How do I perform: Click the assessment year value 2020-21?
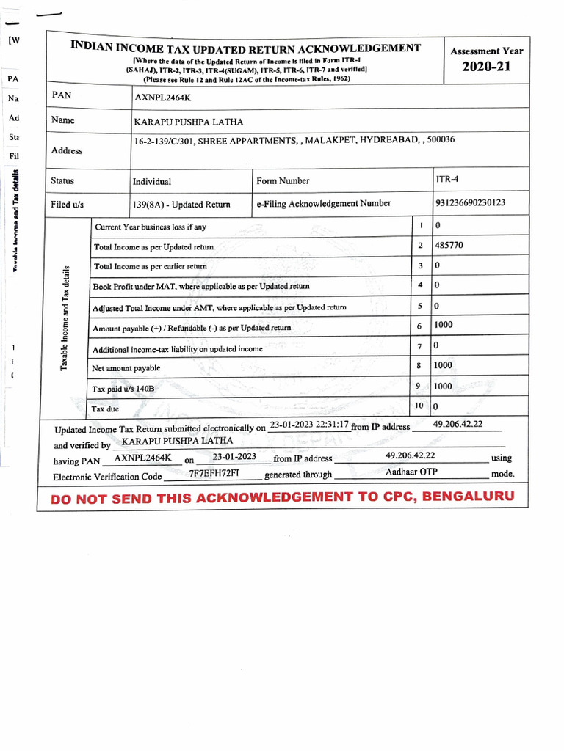485,67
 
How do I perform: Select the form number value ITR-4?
446,178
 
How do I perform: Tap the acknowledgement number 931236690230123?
471,203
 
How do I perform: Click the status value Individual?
151,181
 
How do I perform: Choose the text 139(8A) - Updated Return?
181,205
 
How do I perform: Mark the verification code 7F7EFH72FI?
214,474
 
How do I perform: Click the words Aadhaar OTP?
411,472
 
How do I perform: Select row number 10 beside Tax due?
419,405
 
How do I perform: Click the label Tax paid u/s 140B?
123,389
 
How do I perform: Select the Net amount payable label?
126,368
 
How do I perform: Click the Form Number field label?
283,181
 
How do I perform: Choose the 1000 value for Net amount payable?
443,364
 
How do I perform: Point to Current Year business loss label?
151,227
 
